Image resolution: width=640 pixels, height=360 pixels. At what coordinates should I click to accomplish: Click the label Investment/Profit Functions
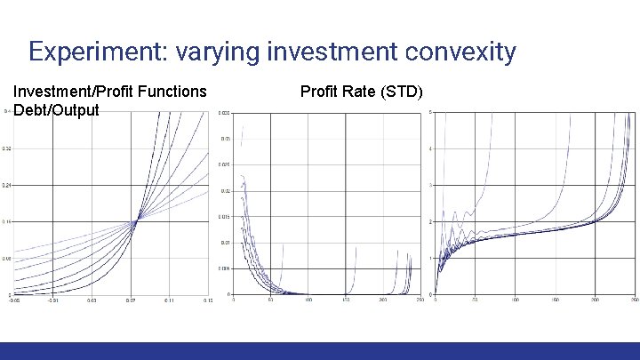pos(110,92)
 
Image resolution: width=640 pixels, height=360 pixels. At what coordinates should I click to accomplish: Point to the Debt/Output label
pos(56,110)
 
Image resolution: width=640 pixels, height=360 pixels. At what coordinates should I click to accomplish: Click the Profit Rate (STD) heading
pos(361,92)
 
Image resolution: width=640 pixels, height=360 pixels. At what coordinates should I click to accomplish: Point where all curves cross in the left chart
pos(136,221)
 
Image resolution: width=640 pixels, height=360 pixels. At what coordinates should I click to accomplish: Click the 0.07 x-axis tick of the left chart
pos(131,300)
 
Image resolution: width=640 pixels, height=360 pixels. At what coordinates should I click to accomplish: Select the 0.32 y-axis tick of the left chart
pos(6,148)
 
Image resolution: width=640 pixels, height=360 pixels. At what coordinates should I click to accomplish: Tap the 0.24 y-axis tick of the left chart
pos(6,185)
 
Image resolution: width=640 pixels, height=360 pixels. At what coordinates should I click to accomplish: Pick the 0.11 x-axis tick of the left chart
pos(170,300)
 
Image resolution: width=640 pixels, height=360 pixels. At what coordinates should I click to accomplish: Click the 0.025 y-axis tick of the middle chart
pos(225,164)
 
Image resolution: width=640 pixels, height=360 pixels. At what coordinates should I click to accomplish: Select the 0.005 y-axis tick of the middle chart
pos(225,268)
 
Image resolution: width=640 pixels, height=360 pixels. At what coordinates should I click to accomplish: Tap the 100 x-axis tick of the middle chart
pos(308,300)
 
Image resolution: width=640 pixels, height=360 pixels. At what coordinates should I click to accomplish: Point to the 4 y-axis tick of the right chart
pos(431,148)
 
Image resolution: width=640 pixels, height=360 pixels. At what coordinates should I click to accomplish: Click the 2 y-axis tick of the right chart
pos(431,221)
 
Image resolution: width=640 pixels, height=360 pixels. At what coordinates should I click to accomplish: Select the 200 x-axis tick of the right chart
pos(595,300)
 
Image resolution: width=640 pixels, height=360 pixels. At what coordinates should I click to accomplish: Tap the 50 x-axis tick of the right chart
pos(475,300)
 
